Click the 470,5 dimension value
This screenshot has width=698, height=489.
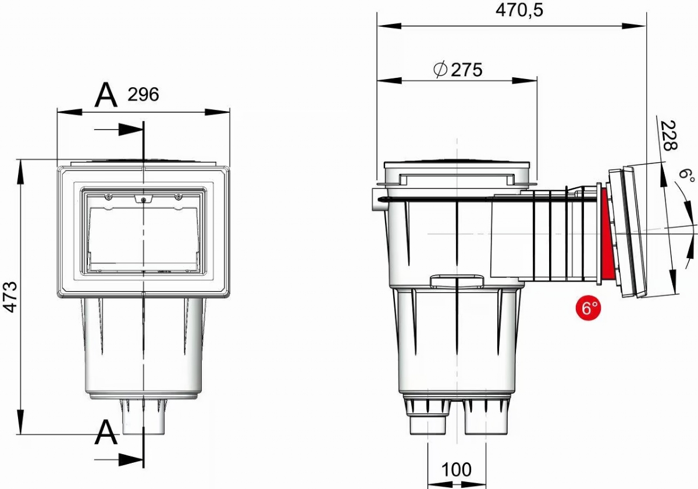[x=519, y=10]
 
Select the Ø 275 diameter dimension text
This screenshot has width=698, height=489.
[x=458, y=70]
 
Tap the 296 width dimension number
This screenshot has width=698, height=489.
[x=143, y=94]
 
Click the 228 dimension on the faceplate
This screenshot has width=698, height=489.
[x=669, y=135]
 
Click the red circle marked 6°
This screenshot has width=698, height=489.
[x=588, y=308]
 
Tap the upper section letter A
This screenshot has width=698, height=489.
[x=106, y=95]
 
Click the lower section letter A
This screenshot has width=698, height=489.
[x=106, y=433]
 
